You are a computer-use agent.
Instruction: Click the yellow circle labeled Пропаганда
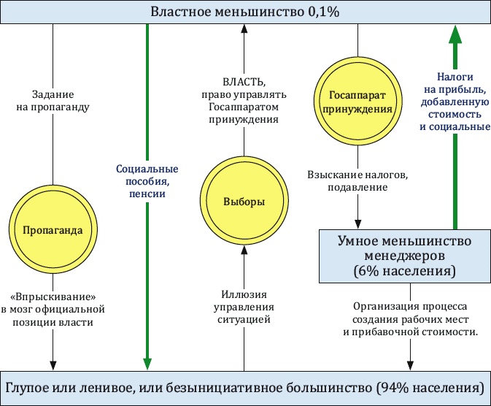pos(53,230)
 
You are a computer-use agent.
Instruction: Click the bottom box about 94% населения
pos(245,386)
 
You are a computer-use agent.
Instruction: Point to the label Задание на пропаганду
pos(62,100)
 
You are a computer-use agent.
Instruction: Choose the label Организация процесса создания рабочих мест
pos(410,319)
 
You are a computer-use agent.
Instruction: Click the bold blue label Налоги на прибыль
pos(454,101)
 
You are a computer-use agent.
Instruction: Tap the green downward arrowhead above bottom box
pos(147,362)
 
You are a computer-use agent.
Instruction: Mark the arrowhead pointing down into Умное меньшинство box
pos(357,223)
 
